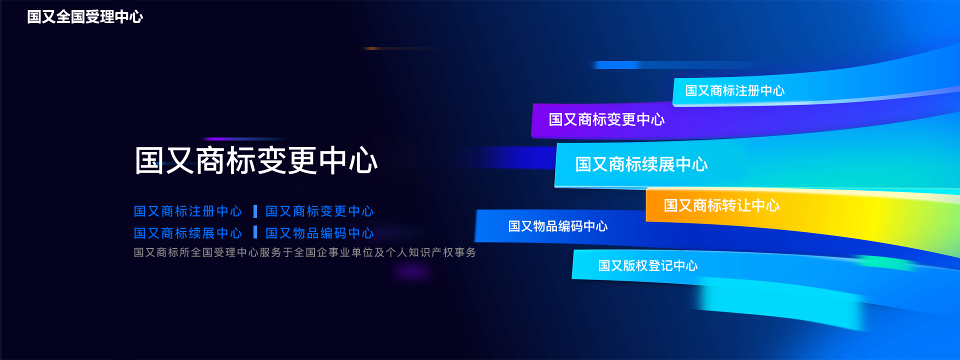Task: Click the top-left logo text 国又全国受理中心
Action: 85,17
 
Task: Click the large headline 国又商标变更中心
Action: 256,161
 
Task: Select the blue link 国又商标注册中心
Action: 188,211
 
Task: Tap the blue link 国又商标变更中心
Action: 319,211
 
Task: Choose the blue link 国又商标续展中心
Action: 188,233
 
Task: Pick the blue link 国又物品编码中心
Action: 319,233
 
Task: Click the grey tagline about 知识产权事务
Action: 305,252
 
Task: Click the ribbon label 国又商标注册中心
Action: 735,90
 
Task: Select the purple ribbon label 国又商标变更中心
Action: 606,119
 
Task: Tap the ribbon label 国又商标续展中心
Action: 641,164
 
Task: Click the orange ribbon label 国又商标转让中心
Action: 721,205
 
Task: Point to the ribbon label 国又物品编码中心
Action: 558,226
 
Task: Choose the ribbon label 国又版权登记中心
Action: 648,265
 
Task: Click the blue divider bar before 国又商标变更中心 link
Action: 255,211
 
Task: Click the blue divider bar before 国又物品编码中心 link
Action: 255,232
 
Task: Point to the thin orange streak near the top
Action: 400,48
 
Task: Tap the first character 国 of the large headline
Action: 149,161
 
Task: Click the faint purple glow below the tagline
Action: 411,271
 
